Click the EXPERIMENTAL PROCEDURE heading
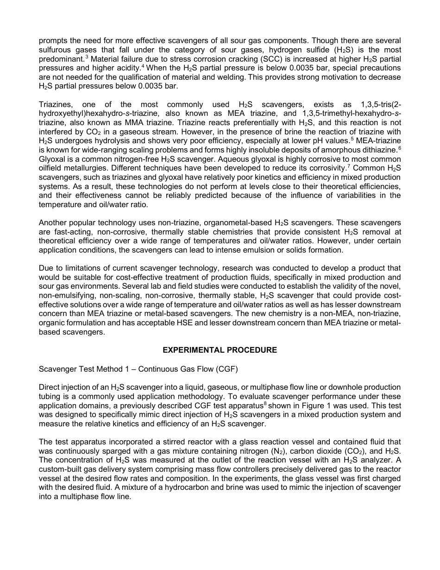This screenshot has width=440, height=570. click(220, 350)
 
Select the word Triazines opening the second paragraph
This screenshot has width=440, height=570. click(56, 104)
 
